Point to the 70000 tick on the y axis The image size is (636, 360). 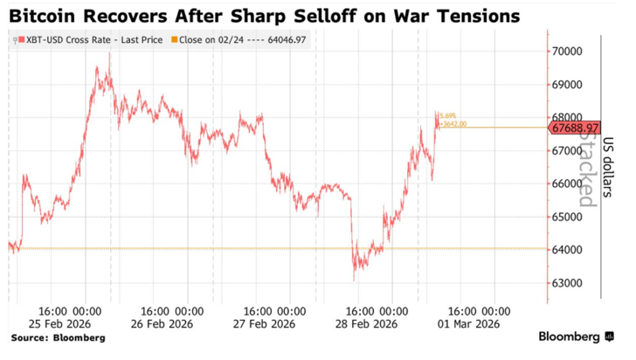[568, 52]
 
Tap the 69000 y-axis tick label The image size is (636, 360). [568, 85]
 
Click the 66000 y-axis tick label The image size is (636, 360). [568, 183]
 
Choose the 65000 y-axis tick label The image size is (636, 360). [568, 217]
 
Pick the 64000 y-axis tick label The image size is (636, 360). [568, 250]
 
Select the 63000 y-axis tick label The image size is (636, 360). [568, 283]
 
